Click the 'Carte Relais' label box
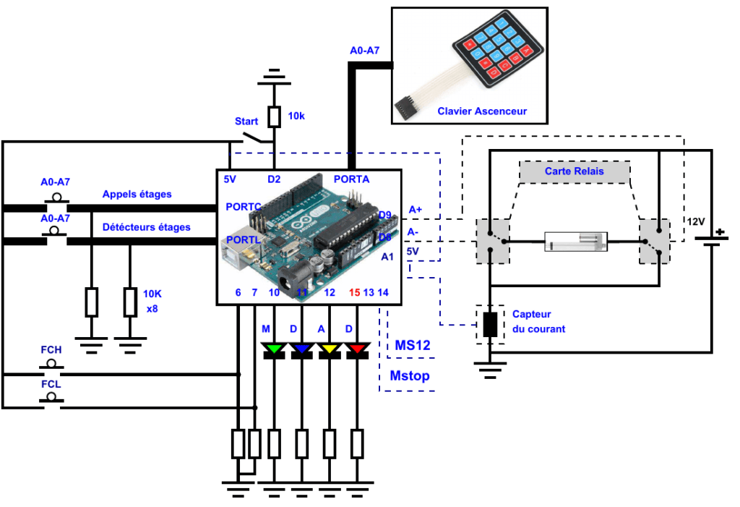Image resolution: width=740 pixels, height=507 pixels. (x=575, y=171)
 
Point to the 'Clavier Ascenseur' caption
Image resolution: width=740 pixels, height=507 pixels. (x=482, y=111)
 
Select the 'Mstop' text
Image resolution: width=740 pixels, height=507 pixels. (x=410, y=376)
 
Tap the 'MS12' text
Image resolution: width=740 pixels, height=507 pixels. (x=413, y=346)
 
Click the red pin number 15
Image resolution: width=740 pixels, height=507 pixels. (x=355, y=292)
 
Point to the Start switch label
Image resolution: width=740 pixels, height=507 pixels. (x=246, y=122)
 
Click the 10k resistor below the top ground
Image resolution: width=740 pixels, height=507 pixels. (x=274, y=116)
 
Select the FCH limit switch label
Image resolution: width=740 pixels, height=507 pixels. (x=51, y=350)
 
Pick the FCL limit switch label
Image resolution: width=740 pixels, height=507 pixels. (x=51, y=384)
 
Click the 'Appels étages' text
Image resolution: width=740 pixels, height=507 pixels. (x=137, y=195)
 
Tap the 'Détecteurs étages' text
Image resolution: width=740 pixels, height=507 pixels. (x=147, y=227)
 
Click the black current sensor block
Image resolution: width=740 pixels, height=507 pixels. (x=490, y=324)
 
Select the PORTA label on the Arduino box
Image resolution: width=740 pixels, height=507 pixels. (x=352, y=179)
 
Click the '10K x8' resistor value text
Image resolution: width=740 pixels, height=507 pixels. (x=152, y=300)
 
